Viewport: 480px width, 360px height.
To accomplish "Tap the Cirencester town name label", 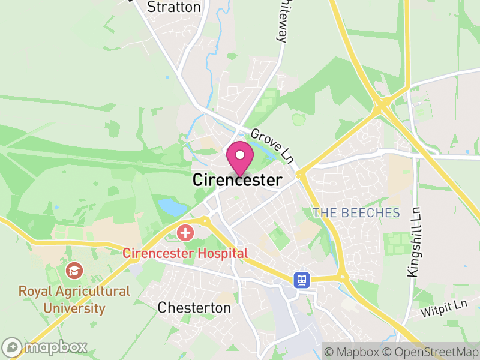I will tap(237, 180).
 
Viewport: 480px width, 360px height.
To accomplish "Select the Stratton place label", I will tap(173, 7).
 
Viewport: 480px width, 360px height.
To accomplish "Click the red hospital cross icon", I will tap(185, 232).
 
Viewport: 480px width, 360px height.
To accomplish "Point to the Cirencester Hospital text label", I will tap(185, 253).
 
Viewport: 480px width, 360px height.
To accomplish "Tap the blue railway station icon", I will tap(301, 280).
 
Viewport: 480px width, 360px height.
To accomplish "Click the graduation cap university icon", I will tap(75, 271).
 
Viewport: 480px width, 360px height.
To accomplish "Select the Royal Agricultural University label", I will tap(74, 300).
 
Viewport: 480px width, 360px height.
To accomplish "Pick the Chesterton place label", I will tap(194, 308).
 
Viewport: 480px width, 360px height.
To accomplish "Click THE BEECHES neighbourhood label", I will tap(356, 213).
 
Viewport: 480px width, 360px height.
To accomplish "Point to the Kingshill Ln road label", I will tap(413, 242).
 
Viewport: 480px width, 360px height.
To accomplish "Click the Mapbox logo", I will tap(45, 347).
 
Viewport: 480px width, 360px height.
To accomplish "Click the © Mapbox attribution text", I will tap(352, 351).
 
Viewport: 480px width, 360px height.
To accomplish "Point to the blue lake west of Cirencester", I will tap(173, 208).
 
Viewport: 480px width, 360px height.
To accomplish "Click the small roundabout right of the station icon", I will tap(343, 277).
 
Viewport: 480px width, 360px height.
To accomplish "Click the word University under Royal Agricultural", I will tap(74, 309).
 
